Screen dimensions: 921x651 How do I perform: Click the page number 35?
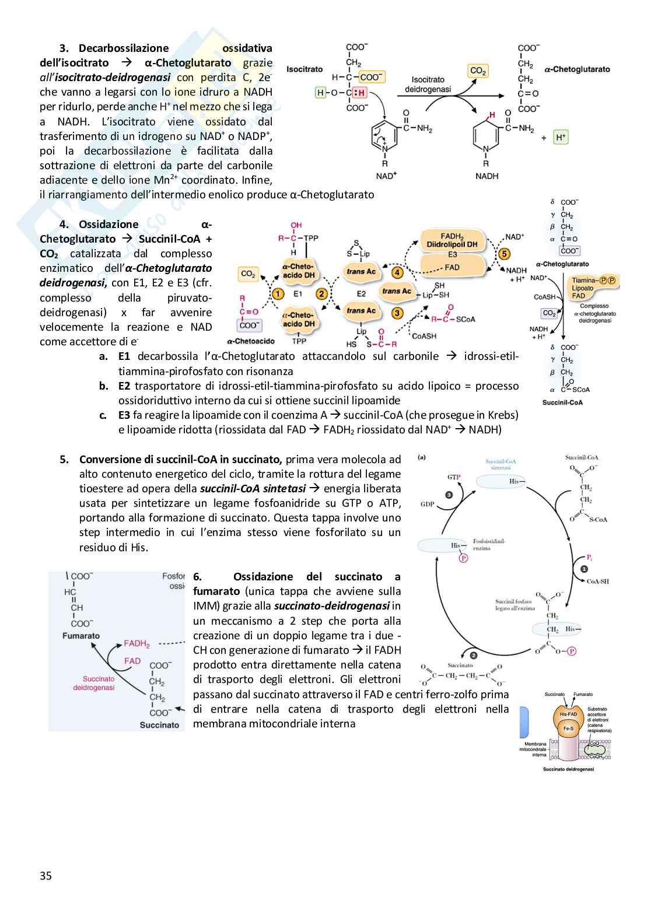point(45,875)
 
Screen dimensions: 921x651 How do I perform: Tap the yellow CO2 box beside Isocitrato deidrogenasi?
point(478,71)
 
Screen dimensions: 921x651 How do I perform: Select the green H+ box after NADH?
point(561,137)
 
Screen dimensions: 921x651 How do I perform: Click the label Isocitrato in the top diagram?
point(304,69)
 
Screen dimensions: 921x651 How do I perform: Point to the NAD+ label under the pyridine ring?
point(386,176)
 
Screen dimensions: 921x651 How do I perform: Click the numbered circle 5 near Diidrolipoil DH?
point(504,254)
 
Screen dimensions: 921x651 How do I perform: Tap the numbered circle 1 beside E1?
point(278,294)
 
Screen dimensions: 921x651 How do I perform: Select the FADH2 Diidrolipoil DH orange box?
point(452,240)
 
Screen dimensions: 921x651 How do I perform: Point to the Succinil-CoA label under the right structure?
point(562,402)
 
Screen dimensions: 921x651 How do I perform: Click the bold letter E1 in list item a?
point(124,356)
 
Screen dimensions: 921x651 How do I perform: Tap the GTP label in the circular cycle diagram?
point(454,477)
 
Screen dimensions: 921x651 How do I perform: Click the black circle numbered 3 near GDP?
point(449,495)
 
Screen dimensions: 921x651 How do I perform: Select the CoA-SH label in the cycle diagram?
point(597,581)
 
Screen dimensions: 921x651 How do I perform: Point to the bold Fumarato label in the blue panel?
point(81,636)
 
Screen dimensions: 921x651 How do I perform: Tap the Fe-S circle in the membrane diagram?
point(567,729)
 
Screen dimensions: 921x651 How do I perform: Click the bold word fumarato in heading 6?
point(216,591)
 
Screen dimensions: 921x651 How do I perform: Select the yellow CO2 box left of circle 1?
point(249,274)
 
